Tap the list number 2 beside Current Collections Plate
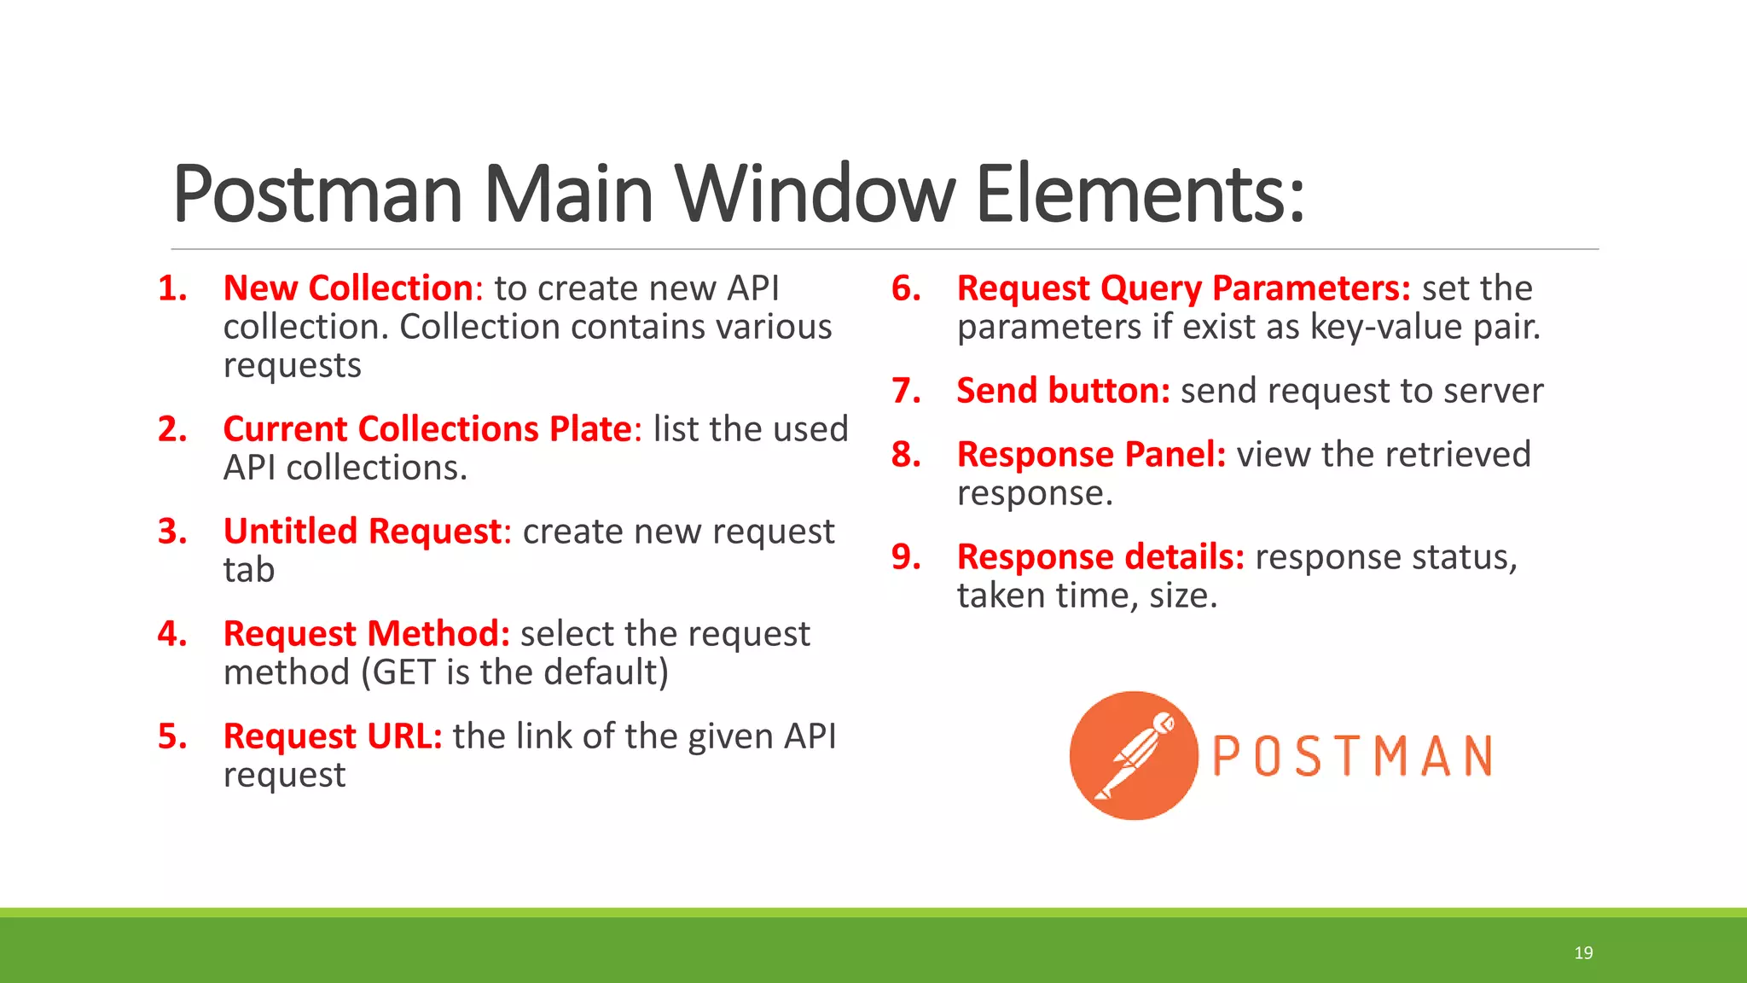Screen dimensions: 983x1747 (x=172, y=429)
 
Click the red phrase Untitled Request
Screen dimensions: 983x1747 (x=363, y=532)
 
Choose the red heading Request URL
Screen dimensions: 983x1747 (x=332, y=736)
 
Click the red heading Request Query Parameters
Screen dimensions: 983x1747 (x=1183, y=288)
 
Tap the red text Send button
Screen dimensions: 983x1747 (x=1063, y=391)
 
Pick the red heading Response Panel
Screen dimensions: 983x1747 (x=1091, y=455)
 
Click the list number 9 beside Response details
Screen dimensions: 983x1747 (x=906, y=557)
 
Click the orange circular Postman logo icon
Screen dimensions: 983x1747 (x=1134, y=755)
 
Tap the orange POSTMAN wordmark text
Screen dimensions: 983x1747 (x=1352, y=756)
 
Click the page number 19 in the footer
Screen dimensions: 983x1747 (x=1583, y=953)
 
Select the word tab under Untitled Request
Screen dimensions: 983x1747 (x=249, y=570)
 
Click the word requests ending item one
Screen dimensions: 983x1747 (x=292, y=365)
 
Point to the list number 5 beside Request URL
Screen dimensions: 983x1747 (x=172, y=736)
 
